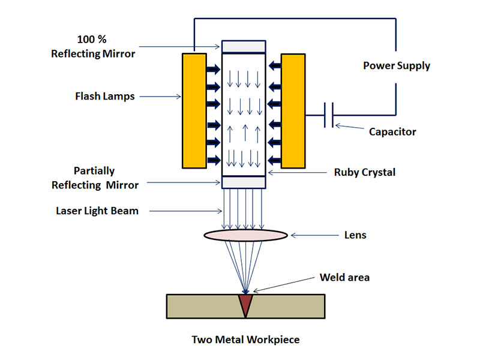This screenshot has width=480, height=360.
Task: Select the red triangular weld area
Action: point(245,303)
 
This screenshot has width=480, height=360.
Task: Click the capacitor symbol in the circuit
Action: point(328,115)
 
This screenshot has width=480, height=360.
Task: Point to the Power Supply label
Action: point(397,65)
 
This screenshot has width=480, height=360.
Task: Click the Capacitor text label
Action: point(392,131)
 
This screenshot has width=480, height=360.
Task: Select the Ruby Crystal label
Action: point(365,172)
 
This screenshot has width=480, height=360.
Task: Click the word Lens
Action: point(355,235)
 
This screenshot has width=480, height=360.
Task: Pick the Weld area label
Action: point(344,277)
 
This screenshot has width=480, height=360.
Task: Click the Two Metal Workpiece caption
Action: point(245,340)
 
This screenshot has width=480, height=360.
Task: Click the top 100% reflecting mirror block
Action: point(244,46)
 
